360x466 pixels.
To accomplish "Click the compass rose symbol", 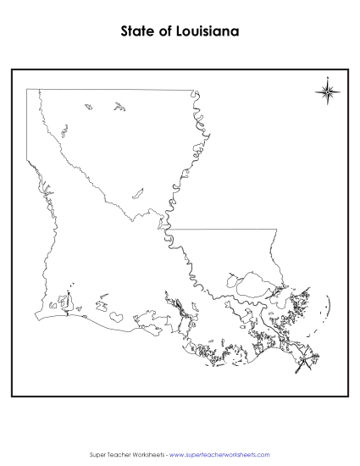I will pyautogui.click(x=329, y=91).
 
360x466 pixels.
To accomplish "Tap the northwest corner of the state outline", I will pyautogui.click(x=27, y=88).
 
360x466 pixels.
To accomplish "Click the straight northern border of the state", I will pyautogui.click(x=110, y=88).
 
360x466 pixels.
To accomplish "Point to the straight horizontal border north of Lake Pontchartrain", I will pyautogui.click(x=224, y=229).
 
